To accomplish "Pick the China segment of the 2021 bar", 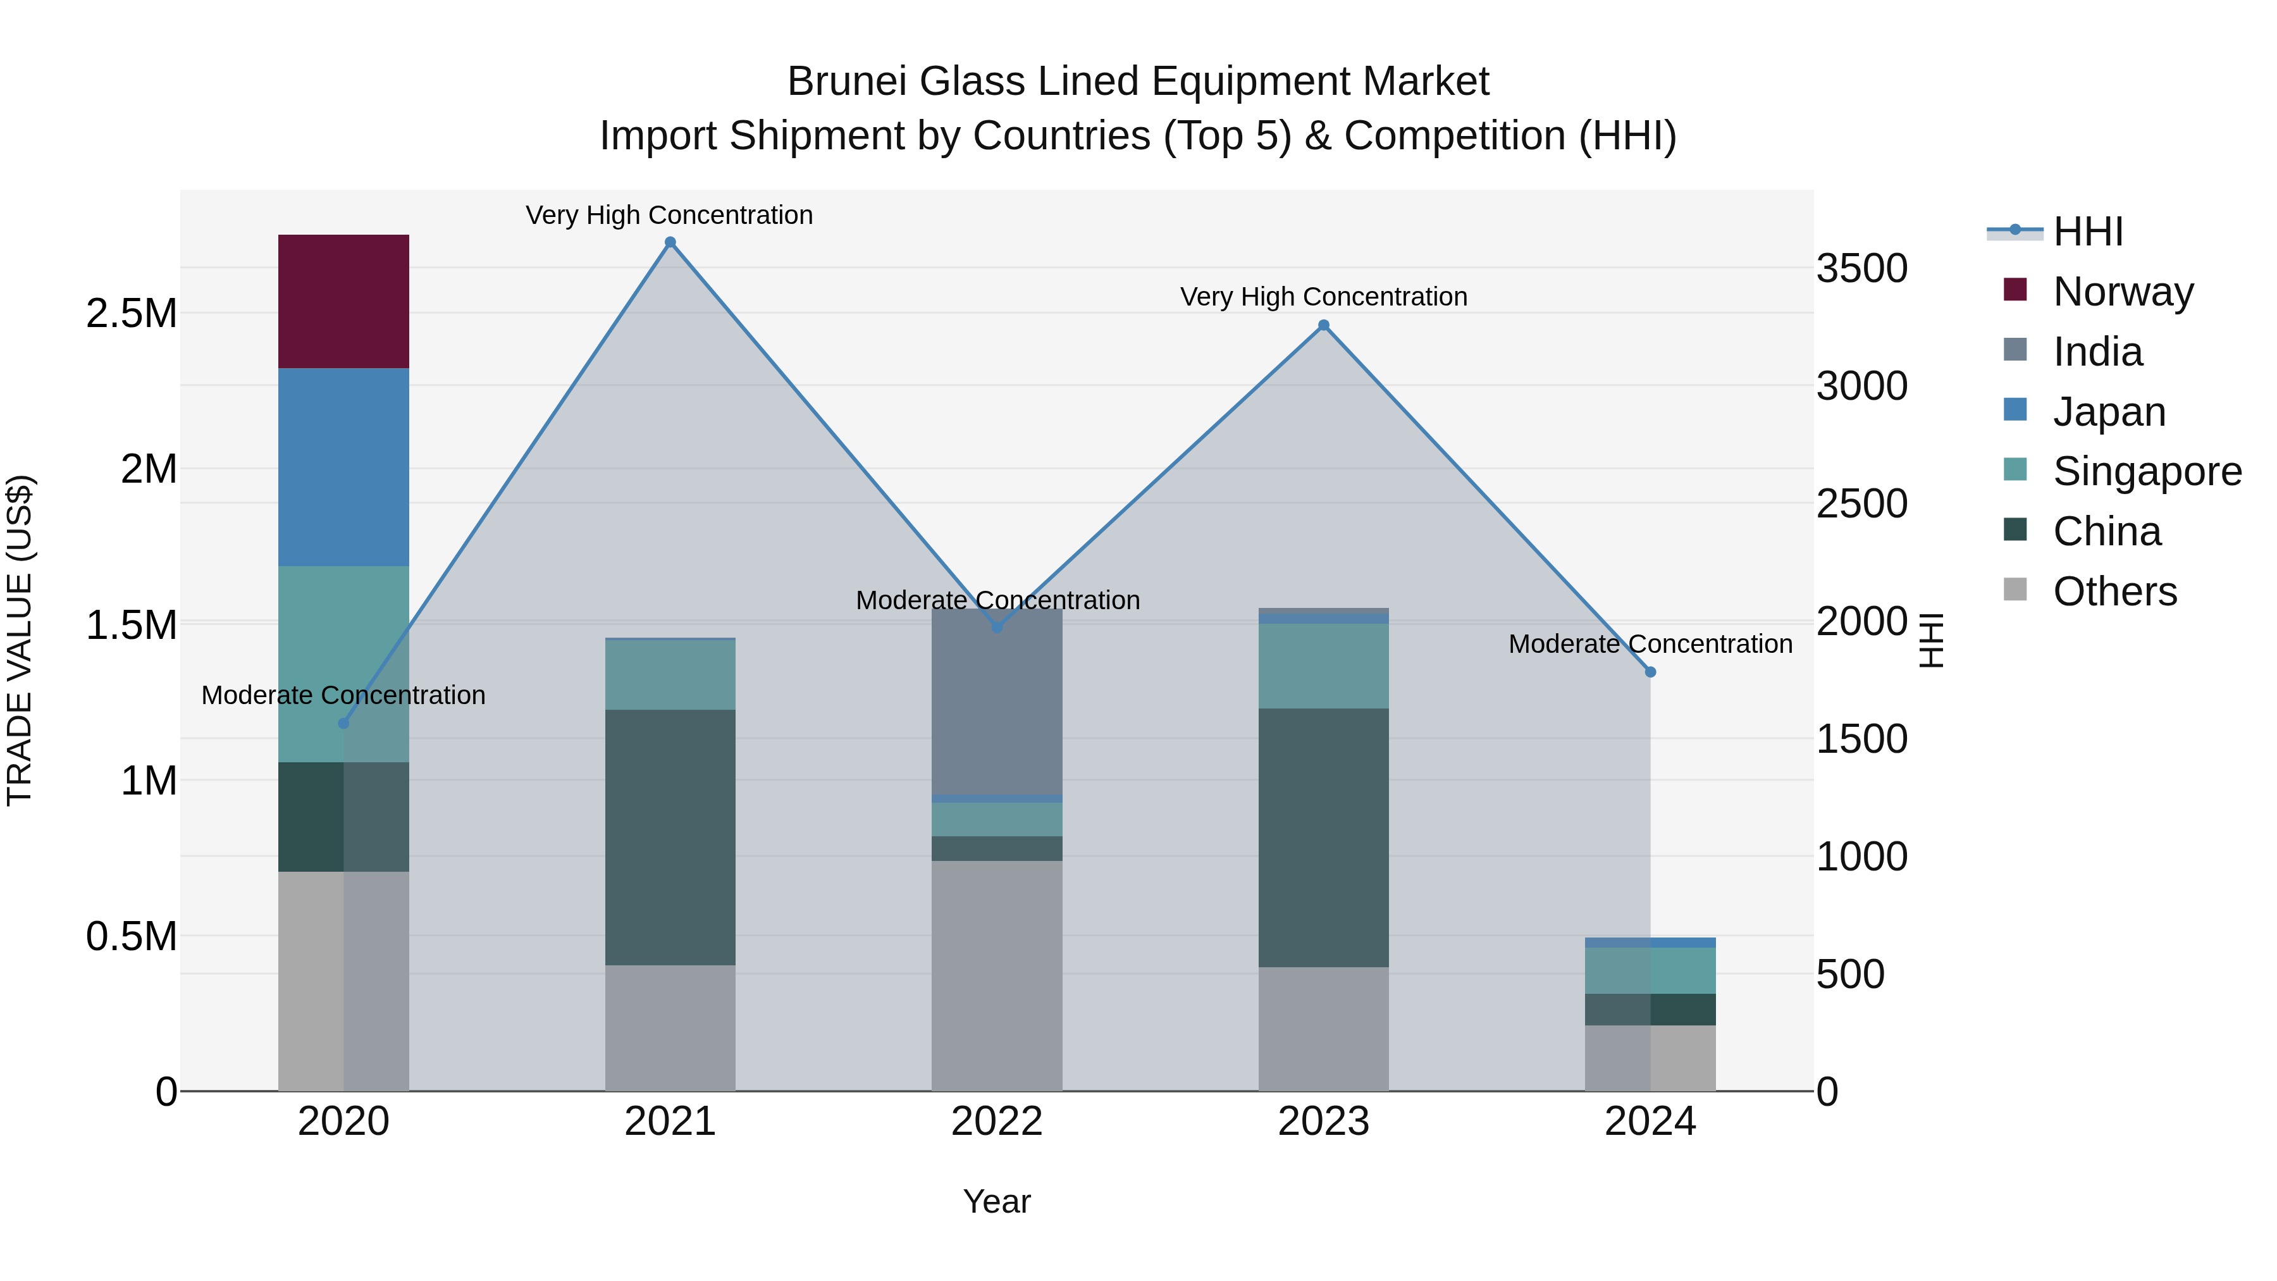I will (670, 836).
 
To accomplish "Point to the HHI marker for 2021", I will (670, 242).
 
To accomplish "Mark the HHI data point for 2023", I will (1323, 325).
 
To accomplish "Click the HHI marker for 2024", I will (1650, 672).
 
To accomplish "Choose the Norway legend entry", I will (2122, 292).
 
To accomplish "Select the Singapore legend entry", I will (2146, 471).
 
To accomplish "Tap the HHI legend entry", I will (2087, 232).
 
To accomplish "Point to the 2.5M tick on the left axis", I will (131, 313).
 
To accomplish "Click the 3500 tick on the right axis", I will (1861, 269).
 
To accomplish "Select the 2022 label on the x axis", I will (997, 1121).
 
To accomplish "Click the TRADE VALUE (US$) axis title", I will (20, 640).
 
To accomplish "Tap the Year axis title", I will (997, 1201).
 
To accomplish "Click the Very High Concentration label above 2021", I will (669, 215).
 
